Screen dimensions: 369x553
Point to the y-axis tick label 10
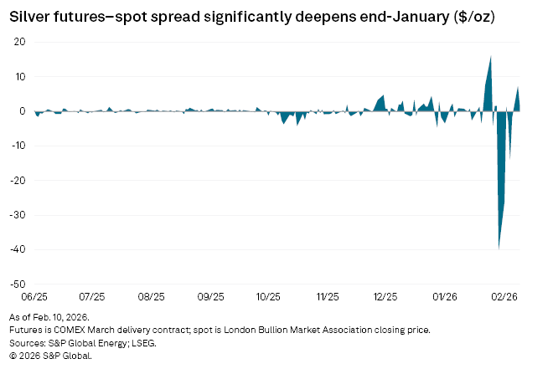(x=20, y=76)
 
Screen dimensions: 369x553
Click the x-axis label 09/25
(x=209, y=297)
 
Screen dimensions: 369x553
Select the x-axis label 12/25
(x=385, y=297)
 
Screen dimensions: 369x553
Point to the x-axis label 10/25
(x=268, y=297)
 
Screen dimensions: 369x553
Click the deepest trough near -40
(x=499, y=248)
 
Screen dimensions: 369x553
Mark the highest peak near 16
(x=491, y=57)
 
